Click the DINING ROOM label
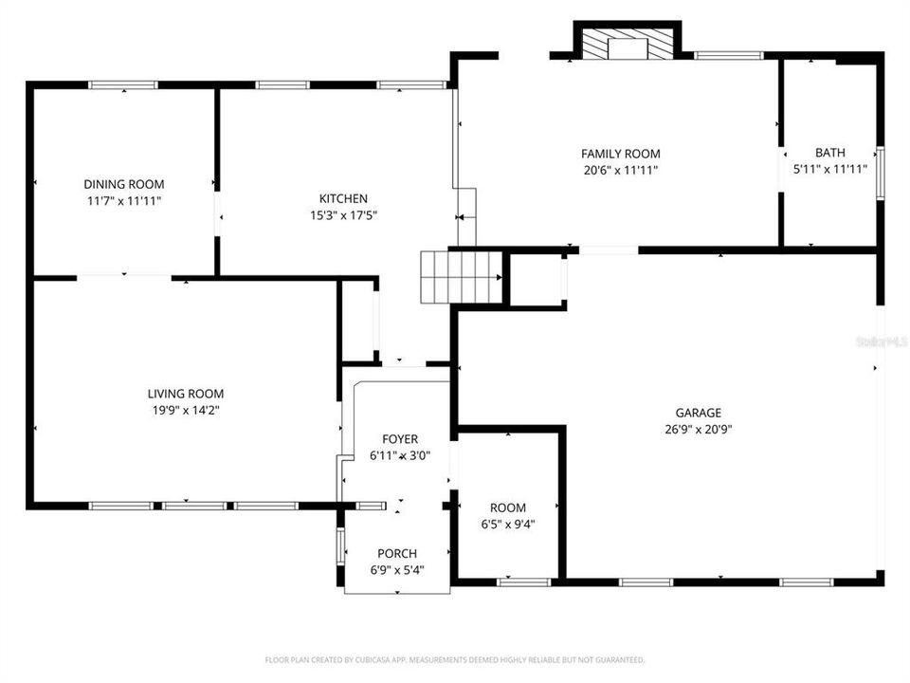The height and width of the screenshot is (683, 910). [x=123, y=184]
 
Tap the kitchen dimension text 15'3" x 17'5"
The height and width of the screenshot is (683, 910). [x=343, y=215]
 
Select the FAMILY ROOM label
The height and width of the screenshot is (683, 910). [x=620, y=154]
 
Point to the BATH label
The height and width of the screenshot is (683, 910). [x=829, y=153]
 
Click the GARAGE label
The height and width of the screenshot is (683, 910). [x=698, y=413]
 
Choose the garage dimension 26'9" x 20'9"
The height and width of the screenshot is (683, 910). [x=698, y=429]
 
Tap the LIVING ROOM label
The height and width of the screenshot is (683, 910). [x=185, y=394]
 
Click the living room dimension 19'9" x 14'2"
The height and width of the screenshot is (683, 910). [x=185, y=410]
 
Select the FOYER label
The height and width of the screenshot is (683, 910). [x=399, y=439]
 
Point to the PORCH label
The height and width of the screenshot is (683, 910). [x=396, y=554]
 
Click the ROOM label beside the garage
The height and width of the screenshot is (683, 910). [x=507, y=508]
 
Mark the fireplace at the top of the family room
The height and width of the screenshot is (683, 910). [x=626, y=44]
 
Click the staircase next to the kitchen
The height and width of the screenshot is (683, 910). [x=460, y=276]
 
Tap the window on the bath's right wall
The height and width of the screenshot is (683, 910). [x=880, y=175]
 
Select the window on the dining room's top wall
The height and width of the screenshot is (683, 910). [x=123, y=85]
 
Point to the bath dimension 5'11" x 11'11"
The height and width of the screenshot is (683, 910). [x=829, y=170]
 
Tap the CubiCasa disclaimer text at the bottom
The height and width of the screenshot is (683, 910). [x=454, y=659]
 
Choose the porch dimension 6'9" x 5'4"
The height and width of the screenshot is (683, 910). [x=396, y=570]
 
